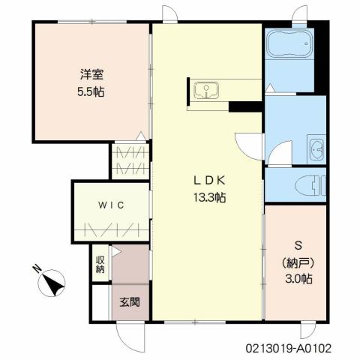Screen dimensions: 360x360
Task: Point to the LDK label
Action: coord(209,181)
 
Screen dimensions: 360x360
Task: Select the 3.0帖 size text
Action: coord(297,278)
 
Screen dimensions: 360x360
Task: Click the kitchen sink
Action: coord(203,91)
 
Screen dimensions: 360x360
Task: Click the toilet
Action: coord(309,183)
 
